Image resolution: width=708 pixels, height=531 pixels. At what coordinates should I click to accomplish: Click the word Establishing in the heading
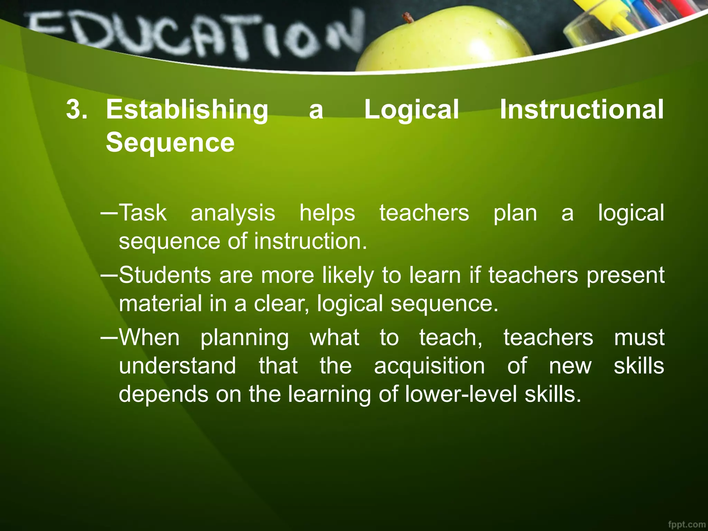pyautogui.click(x=187, y=110)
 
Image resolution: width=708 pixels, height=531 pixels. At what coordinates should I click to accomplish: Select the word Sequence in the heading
pyautogui.click(x=170, y=142)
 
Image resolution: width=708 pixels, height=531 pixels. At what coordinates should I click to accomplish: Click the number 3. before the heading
pyautogui.click(x=76, y=110)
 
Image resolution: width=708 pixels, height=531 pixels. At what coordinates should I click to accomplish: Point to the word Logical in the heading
pyautogui.click(x=411, y=110)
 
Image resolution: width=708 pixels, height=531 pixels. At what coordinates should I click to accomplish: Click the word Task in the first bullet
pyautogui.click(x=143, y=213)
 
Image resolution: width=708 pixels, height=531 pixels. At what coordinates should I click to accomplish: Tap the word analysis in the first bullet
pyautogui.click(x=233, y=213)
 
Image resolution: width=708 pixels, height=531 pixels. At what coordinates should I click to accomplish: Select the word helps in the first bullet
pyautogui.click(x=327, y=213)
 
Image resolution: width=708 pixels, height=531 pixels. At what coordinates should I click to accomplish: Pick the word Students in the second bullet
pyautogui.click(x=165, y=275)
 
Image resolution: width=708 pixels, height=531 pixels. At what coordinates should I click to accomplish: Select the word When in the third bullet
pyautogui.click(x=149, y=337)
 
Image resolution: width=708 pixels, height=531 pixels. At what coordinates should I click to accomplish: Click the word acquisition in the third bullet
pyautogui.click(x=429, y=366)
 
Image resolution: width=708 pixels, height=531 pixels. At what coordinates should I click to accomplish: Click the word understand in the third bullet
pyautogui.click(x=177, y=366)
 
